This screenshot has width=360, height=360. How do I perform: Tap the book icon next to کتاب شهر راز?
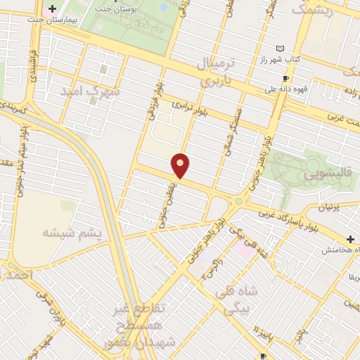[281, 48]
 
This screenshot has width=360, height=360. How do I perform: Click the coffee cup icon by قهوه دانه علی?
[285, 79]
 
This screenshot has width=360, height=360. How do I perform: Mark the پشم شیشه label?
[72, 233]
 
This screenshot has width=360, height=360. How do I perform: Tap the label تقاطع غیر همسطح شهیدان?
[150, 326]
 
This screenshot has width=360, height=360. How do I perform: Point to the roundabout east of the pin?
[239, 202]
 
